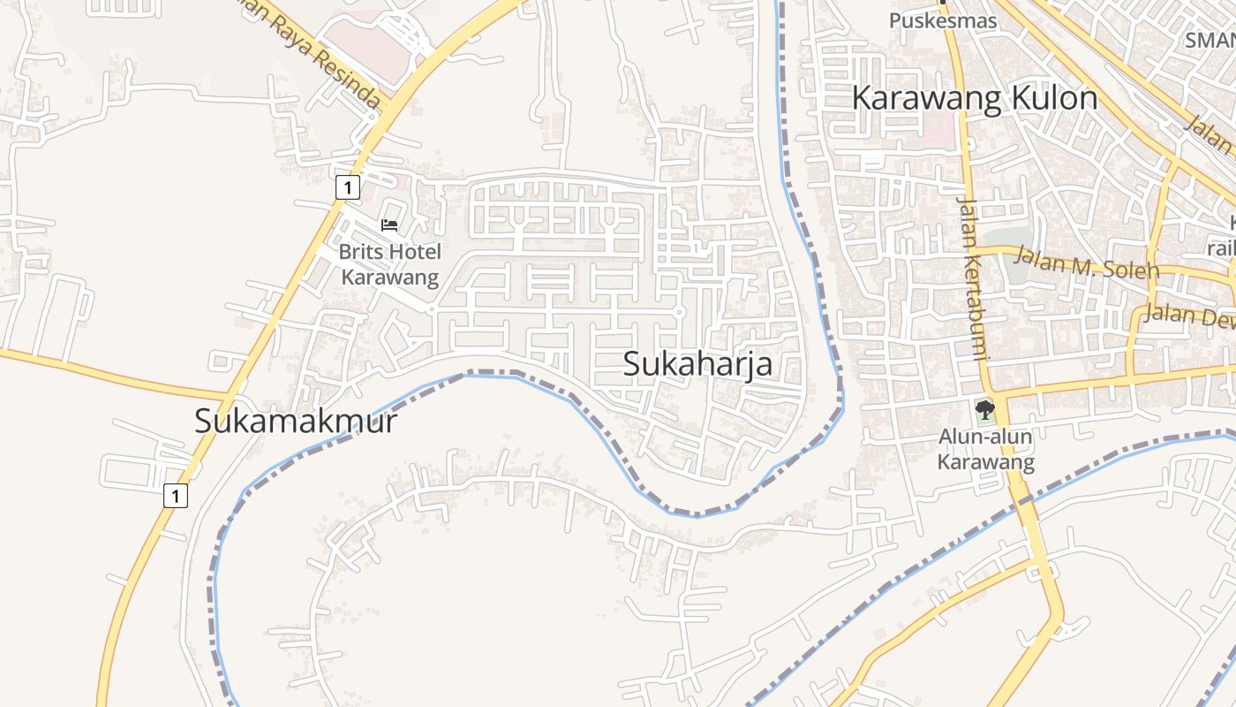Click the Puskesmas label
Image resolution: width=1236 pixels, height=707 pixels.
click(x=943, y=20)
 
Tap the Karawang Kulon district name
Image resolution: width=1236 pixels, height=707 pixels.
click(x=975, y=97)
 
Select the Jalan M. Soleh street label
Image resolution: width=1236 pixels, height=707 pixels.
click(x=1086, y=262)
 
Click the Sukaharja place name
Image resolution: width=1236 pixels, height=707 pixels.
click(x=697, y=364)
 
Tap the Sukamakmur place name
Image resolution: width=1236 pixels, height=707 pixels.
click(x=296, y=422)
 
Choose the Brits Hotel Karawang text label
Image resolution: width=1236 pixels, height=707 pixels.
click(x=389, y=264)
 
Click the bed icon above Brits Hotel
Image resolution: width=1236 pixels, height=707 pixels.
click(x=389, y=225)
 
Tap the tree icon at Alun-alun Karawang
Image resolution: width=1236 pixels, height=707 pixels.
click(x=985, y=410)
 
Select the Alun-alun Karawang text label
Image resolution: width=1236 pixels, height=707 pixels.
click(x=985, y=449)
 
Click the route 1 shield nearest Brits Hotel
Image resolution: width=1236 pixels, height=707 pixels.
click(x=349, y=187)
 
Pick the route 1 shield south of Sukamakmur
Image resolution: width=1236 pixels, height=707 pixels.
click(x=176, y=496)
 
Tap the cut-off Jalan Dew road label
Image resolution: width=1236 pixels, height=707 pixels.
click(x=1188, y=315)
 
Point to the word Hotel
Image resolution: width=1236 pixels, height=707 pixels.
click(x=414, y=252)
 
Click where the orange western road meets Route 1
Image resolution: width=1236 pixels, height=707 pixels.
click(x=232, y=394)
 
